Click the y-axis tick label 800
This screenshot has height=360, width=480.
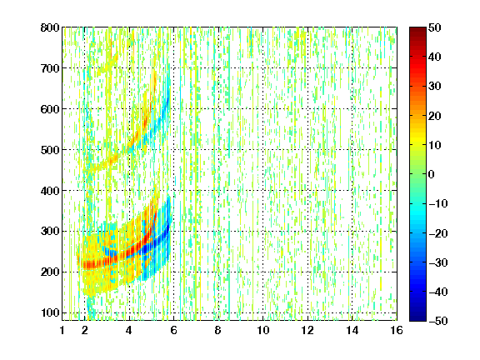(x=50, y=27)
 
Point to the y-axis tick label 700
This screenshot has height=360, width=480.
(x=50, y=68)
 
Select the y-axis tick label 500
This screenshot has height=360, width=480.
(x=50, y=150)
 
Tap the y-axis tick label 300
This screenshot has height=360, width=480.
(x=50, y=231)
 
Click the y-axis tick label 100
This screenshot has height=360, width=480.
(x=50, y=312)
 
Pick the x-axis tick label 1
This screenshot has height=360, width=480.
(x=62, y=330)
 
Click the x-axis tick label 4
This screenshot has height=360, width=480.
(x=129, y=330)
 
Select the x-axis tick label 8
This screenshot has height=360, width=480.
(x=217, y=330)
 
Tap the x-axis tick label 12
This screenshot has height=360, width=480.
(x=307, y=330)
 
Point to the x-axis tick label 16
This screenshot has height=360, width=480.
(x=397, y=330)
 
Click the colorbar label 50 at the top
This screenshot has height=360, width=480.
(x=434, y=27)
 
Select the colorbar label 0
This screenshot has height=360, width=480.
(x=432, y=174)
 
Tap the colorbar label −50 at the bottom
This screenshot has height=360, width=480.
(x=438, y=321)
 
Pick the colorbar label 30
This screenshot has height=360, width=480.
(x=434, y=86)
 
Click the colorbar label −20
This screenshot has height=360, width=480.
(x=438, y=233)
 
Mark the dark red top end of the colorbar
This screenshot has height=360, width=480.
(x=417, y=29)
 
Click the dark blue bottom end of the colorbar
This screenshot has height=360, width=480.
(x=417, y=318)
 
